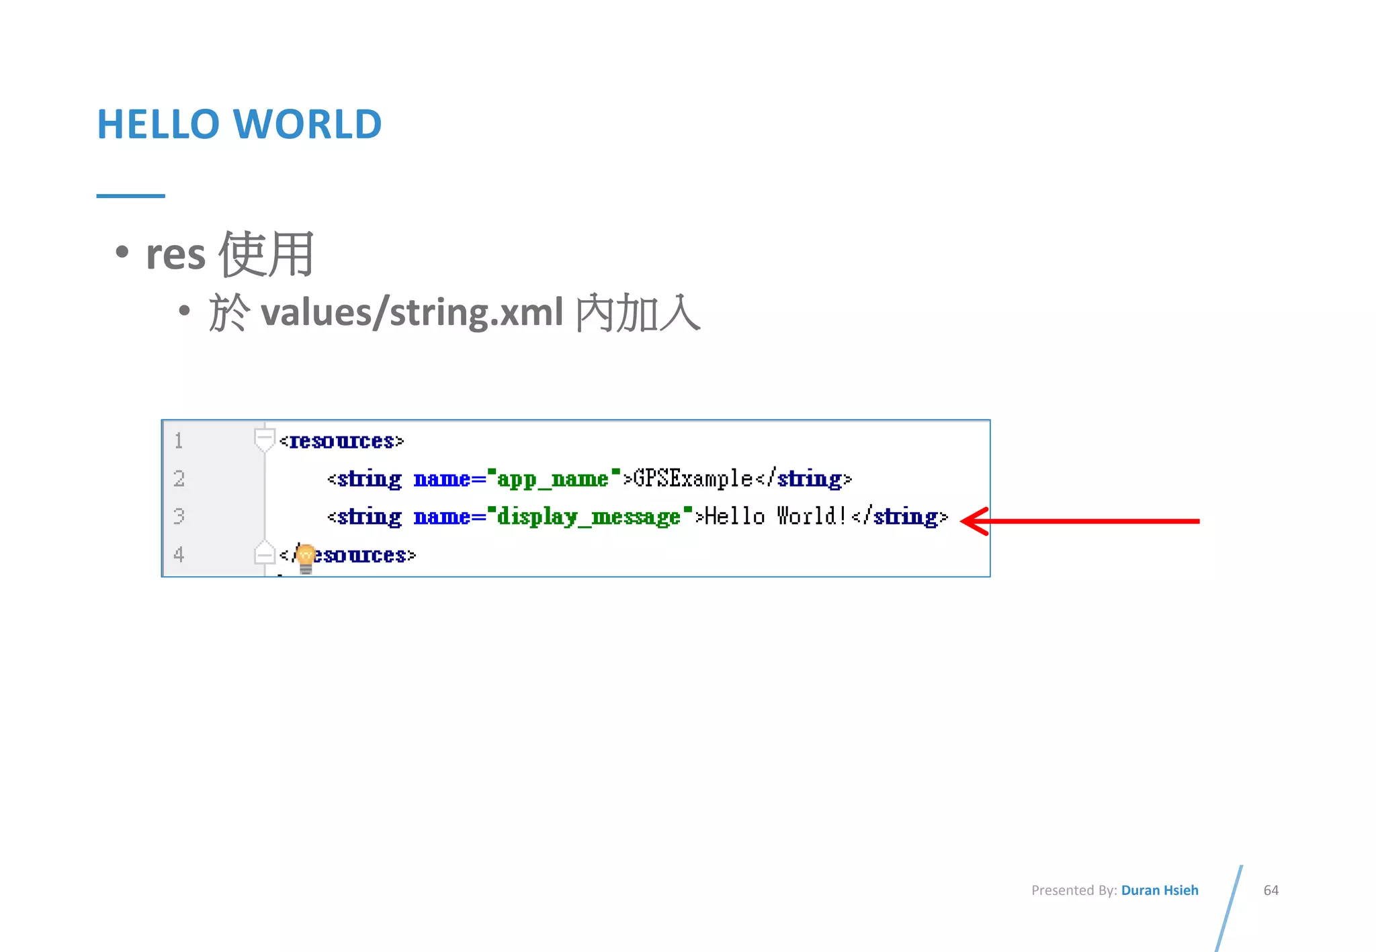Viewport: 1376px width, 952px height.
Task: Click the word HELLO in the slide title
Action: click(x=159, y=124)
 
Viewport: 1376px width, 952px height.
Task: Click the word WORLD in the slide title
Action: click(x=307, y=124)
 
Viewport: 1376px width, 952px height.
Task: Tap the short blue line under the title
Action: click(x=130, y=196)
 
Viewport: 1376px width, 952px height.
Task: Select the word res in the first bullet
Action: click(x=175, y=254)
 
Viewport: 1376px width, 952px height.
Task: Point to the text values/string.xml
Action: click(x=411, y=313)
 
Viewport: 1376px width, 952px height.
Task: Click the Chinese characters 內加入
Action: click(x=638, y=313)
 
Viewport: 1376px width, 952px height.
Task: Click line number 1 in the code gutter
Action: click(x=179, y=441)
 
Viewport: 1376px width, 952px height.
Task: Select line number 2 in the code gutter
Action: click(x=179, y=479)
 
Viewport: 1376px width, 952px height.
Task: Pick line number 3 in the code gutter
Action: click(x=179, y=516)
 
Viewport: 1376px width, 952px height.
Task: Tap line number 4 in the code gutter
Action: click(x=179, y=555)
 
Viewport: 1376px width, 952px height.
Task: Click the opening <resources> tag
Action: click(x=341, y=441)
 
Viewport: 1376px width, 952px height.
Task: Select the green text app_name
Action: click(x=552, y=479)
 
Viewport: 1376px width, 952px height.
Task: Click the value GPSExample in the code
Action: click(x=693, y=479)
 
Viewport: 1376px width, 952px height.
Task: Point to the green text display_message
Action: click(x=589, y=517)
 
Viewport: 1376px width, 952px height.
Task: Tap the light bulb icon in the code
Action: click(x=306, y=558)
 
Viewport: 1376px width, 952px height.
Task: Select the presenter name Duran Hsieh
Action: click(x=1159, y=890)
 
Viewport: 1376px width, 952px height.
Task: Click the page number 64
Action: click(x=1271, y=890)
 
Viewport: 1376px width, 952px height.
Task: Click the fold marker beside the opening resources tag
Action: click(x=265, y=440)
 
